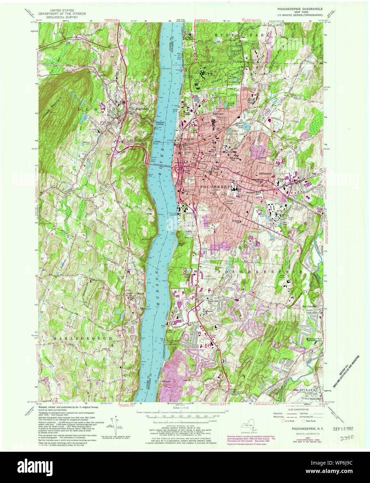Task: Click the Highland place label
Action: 142,109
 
